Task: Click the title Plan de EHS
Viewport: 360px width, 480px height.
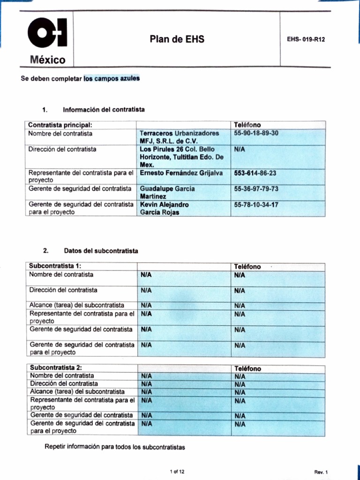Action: (177, 39)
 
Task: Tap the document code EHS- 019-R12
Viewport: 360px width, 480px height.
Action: (306, 40)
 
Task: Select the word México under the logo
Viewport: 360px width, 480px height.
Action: (48, 60)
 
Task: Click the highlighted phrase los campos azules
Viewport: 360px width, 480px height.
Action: (112, 78)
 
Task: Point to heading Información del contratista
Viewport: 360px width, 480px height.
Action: (104, 110)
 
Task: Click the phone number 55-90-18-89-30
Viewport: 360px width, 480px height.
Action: (256, 133)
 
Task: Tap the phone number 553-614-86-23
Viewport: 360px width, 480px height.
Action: (255, 173)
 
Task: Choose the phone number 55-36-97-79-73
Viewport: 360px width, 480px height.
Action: (256, 188)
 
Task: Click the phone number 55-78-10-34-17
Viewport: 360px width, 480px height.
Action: (256, 204)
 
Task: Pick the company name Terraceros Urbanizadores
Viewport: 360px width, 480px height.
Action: (179, 133)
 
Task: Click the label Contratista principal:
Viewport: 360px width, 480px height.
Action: (60, 125)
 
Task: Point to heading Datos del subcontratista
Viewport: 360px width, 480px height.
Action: (101, 251)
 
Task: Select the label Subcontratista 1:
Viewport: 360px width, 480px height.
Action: (55, 266)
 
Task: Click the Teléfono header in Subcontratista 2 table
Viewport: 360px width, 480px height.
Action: (247, 368)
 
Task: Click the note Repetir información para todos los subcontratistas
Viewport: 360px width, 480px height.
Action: (115, 447)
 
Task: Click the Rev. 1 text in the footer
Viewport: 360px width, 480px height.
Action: (321, 472)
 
